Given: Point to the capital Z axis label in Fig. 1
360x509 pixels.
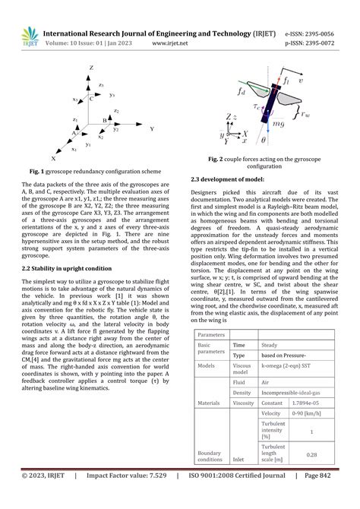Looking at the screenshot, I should (92, 68).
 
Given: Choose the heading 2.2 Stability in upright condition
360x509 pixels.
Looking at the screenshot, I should (68, 268).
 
